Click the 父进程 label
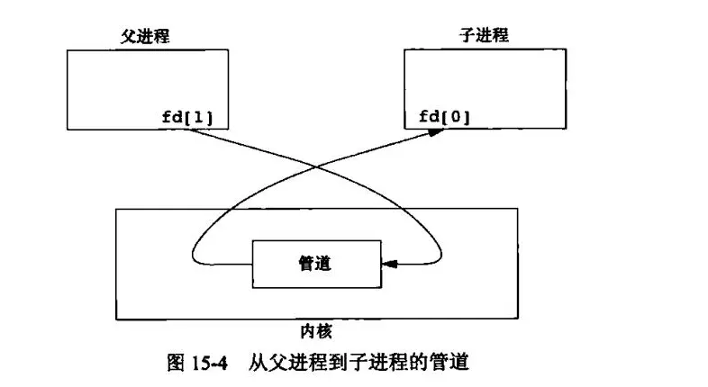tap(145, 36)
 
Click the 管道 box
tap(317, 264)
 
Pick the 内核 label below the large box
tap(317, 329)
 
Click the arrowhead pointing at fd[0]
tap(436, 131)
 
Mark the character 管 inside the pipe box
tap(306, 264)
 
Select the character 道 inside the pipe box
tap(326, 264)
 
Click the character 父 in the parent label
tap(128, 36)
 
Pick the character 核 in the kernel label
tap(326, 329)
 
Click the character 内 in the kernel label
tap(308, 329)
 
